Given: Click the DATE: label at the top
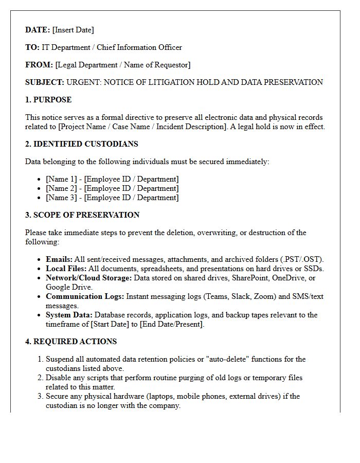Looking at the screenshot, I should click(x=38, y=30).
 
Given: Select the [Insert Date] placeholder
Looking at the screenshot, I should click(x=73, y=30).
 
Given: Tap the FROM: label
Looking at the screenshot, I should click(x=39, y=65).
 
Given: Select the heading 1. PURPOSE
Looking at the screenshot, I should click(x=48, y=100).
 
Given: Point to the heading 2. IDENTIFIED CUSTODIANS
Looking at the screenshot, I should click(x=81, y=144).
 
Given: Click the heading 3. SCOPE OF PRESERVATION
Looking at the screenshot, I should click(x=82, y=215).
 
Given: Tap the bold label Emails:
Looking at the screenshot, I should click(x=59, y=259).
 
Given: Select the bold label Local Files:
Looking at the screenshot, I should click(x=66, y=269).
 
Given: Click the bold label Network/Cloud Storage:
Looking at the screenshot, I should click(x=88, y=278).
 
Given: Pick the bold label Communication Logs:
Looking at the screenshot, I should click(x=85, y=296).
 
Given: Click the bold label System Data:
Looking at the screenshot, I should click(x=69, y=315).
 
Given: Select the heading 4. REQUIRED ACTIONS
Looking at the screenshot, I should click(x=71, y=342).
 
